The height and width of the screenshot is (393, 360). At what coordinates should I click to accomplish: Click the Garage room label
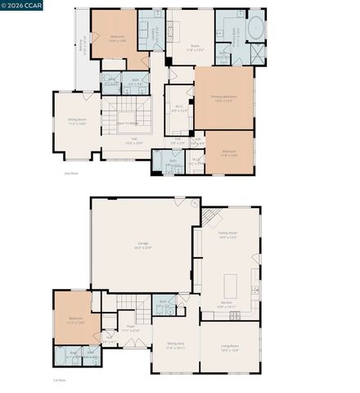click(143, 246)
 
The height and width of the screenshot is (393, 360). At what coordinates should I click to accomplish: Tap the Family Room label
click(227, 234)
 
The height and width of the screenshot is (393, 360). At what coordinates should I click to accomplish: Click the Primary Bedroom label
click(223, 98)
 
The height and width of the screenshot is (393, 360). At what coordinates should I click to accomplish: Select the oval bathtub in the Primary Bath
click(256, 27)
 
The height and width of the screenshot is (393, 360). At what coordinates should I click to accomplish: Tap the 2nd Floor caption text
click(70, 174)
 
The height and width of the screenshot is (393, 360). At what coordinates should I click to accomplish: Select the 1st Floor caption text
click(58, 381)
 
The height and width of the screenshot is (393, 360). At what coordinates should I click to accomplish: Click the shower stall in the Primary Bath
click(257, 55)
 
